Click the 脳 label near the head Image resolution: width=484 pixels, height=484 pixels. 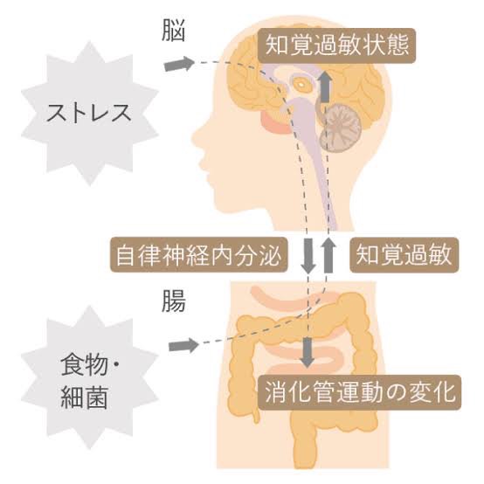174,31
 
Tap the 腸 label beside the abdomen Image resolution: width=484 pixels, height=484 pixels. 174,301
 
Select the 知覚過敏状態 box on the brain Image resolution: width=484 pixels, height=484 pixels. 337,45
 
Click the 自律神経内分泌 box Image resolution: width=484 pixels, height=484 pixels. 199,254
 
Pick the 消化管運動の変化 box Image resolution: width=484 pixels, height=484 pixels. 359,392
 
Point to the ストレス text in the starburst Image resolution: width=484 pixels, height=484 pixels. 89,113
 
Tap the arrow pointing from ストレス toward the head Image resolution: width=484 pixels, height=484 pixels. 179,64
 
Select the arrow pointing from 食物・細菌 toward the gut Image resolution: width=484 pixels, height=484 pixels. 183,345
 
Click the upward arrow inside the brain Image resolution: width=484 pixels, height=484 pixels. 325,87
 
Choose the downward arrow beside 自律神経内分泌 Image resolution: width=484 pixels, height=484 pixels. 308,255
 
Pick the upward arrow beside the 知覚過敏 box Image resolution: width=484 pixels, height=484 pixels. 328,254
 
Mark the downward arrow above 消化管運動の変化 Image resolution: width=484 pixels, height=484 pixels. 308,352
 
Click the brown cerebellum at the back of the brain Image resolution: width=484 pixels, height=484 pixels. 341,128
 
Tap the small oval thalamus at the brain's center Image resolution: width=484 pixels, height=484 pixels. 301,83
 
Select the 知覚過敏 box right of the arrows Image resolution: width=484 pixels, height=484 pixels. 404,254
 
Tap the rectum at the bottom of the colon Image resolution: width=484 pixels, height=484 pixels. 304,445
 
